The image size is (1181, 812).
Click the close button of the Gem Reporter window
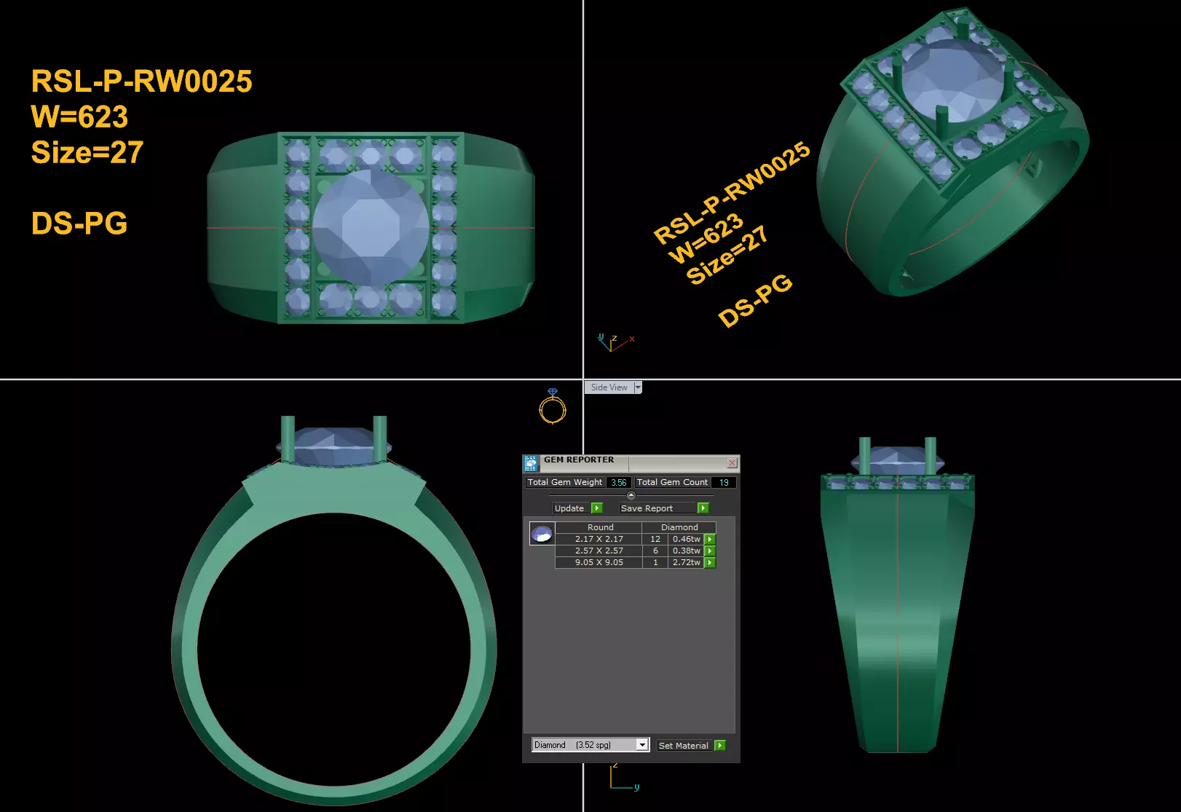point(732,463)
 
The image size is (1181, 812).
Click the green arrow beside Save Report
point(703,508)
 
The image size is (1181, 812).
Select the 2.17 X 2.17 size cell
point(599,539)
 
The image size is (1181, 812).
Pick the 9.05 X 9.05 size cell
point(599,562)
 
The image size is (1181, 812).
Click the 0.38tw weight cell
point(686,551)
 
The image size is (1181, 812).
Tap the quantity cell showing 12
point(655,539)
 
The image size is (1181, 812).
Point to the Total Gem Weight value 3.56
point(618,482)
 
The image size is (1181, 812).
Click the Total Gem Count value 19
point(723,482)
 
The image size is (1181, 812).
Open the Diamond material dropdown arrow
point(642,744)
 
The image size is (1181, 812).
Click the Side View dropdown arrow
point(638,387)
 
